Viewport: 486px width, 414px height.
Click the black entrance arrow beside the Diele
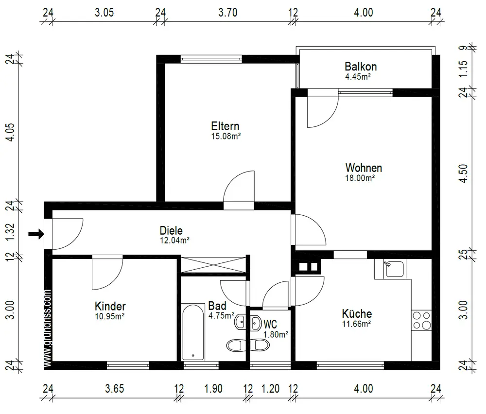pyautogui.click(x=36, y=234)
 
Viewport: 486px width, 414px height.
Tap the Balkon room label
pyautogui.click(x=361, y=67)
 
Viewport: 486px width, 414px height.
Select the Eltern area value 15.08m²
pyautogui.click(x=226, y=137)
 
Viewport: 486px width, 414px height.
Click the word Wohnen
pyautogui.click(x=364, y=168)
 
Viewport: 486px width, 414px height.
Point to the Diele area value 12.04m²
pyautogui.click(x=174, y=241)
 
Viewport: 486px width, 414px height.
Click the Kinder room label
pyautogui.click(x=110, y=306)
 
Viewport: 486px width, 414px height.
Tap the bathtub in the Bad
pyautogui.click(x=193, y=332)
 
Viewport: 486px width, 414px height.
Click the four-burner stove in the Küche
pyautogui.click(x=421, y=320)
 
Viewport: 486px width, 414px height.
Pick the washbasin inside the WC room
pyautogui.click(x=256, y=323)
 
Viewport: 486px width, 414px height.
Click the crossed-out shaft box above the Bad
pyautogui.click(x=213, y=265)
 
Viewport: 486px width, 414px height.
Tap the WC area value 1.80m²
pyautogui.click(x=276, y=335)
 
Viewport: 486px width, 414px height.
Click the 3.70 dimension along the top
pyautogui.click(x=228, y=13)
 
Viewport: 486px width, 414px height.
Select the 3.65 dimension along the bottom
pyautogui.click(x=114, y=389)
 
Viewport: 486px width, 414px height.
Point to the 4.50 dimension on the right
pyautogui.click(x=463, y=173)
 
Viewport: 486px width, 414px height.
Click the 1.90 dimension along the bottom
pyautogui.click(x=213, y=389)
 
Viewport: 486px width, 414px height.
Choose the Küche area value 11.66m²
pyautogui.click(x=356, y=324)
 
